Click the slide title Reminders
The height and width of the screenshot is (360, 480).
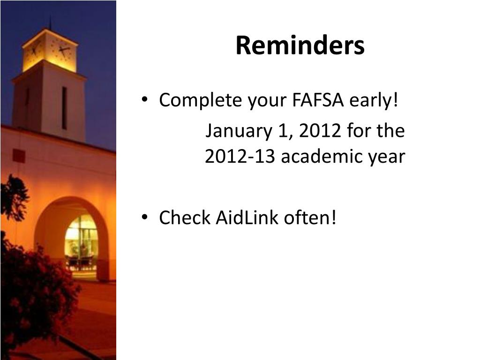pyautogui.click(x=300, y=46)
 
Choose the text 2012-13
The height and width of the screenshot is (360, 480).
pyautogui.click(x=240, y=157)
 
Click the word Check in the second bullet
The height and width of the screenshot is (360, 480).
pyautogui.click(x=185, y=217)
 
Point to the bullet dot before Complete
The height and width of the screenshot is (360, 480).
pyautogui.click(x=147, y=101)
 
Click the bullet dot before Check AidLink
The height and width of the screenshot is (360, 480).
pyautogui.click(x=147, y=218)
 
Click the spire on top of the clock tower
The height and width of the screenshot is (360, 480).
pyautogui.click(x=50, y=21)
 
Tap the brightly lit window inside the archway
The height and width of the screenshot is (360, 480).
pyautogui.click(x=81, y=241)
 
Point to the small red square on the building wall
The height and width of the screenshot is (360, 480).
pyautogui.click(x=19, y=155)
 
